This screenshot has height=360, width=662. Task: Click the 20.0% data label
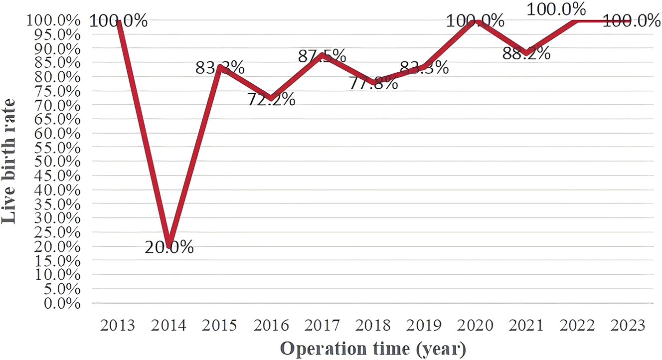point(169,247)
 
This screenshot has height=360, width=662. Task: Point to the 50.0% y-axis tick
point(56,162)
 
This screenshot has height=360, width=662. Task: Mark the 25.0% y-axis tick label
point(56,233)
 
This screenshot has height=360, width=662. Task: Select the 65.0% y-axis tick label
point(56,120)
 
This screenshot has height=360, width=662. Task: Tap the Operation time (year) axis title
point(373,347)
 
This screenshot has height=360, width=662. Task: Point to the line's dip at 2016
point(271,98)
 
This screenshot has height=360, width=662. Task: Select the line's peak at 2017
point(323,55)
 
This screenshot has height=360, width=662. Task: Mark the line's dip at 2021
point(526,53)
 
